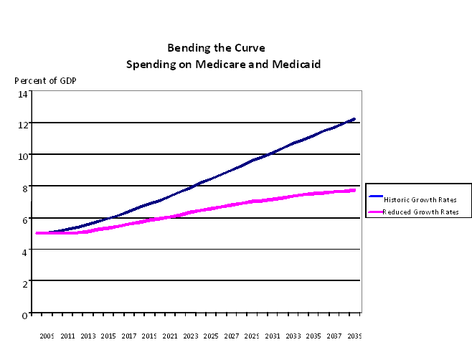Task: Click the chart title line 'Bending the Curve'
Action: pos(216,48)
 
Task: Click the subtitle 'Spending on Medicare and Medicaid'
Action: pos(223,64)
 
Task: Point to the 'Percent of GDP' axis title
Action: pos(45,80)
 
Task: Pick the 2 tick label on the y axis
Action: pos(25,283)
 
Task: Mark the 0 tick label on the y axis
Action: pos(25,314)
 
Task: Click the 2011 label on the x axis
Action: pos(68,335)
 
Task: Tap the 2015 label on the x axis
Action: pos(109,335)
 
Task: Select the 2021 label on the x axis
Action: pos(170,335)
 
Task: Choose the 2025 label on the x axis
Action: pos(211,335)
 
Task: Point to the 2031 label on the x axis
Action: pos(273,335)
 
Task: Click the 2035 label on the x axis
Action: pos(313,335)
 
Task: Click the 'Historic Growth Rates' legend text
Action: pos(422,199)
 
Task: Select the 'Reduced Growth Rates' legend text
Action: pos(422,212)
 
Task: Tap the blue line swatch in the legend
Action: pos(375,196)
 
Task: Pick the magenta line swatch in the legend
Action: pos(375,212)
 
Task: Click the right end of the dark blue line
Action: pos(354,119)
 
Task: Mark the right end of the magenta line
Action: pos(354,190)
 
